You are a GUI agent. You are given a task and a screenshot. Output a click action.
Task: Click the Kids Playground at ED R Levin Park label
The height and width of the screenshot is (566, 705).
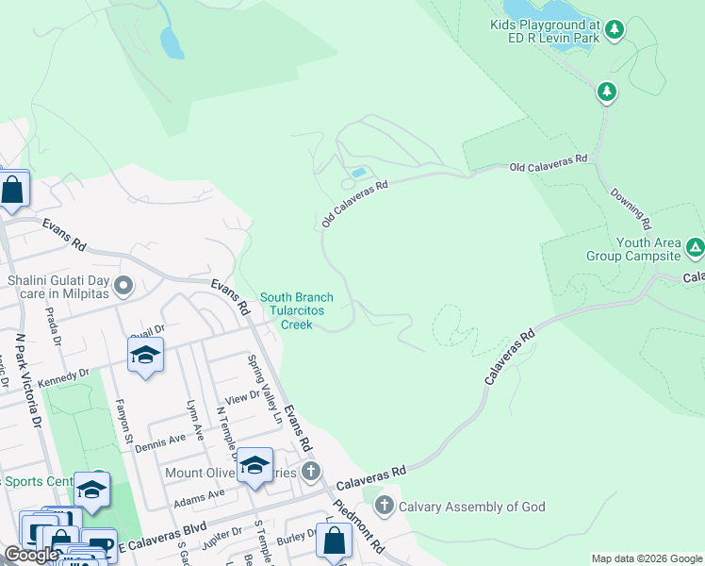click(x=545, y=33)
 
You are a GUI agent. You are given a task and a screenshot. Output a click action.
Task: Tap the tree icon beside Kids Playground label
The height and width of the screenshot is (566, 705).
click(x=615, y=30)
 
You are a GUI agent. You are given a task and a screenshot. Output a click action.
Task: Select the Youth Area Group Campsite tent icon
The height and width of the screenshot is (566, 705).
click(x=695, y=247)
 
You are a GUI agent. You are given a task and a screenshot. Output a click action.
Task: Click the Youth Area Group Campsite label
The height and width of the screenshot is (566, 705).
click(x=648, y=249)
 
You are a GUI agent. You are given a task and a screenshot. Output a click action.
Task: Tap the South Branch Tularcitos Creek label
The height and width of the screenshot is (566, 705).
click(x=297, y=310)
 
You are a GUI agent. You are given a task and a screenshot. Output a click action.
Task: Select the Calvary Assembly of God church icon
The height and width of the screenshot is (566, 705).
click(x=384, y=506)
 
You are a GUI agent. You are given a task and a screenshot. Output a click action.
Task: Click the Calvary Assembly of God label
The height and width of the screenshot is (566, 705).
click(x=471, y=507)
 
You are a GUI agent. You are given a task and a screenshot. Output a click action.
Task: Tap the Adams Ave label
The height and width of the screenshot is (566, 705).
click(x=199, y=492)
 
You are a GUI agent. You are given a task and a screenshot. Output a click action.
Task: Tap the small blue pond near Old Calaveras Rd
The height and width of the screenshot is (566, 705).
click(x=358, y=173)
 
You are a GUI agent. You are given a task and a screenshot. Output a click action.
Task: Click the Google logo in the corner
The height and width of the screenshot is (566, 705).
click(x=31, y=556)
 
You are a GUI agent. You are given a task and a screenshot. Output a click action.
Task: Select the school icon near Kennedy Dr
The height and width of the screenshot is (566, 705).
click(x=145, y=355)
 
